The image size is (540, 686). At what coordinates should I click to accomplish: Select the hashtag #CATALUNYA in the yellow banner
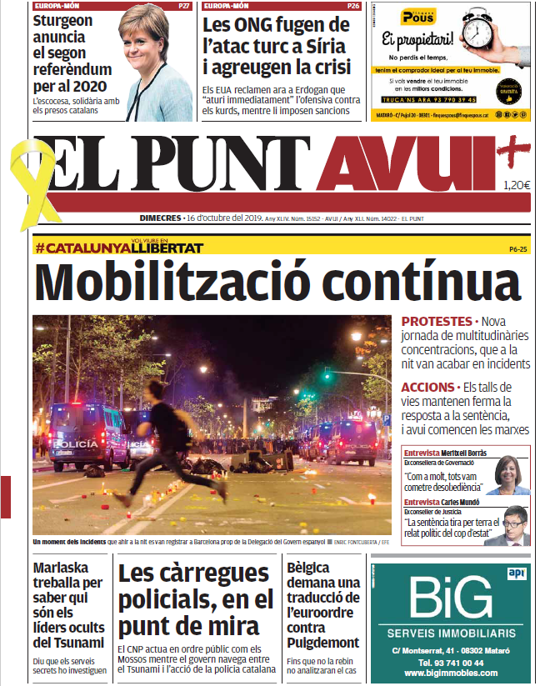click(83, 248)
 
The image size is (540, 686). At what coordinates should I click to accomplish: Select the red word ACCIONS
click(427, 388)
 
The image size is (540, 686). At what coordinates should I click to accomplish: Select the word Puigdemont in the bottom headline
click(322, 643)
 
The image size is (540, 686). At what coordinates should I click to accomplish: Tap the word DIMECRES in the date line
click(160, 218)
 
